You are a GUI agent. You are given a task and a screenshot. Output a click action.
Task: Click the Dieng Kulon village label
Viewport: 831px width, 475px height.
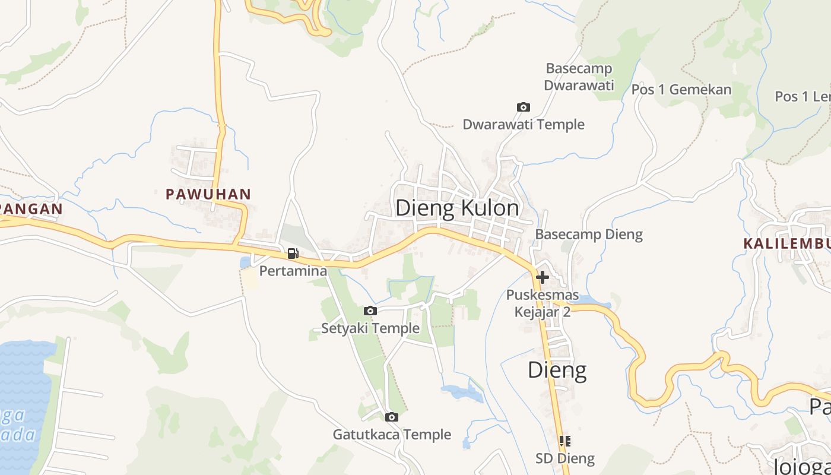point(457,208)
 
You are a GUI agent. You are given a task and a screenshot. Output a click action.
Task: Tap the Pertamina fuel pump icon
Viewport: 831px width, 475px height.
point(293,254)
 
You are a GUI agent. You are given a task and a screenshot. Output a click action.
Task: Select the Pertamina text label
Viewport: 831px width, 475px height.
point(293,271)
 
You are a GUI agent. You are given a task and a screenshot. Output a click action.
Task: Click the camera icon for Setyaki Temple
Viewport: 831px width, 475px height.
point(370,311)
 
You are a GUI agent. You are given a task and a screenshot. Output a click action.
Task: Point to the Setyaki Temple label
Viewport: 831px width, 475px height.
point(370,328)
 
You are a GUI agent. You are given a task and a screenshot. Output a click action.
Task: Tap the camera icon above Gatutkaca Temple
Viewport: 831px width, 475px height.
point(391,417)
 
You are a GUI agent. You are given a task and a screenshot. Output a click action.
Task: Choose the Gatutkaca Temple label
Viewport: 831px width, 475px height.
point(392,435)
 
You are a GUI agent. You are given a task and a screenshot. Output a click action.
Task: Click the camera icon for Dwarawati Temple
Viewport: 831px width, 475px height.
point(523,107)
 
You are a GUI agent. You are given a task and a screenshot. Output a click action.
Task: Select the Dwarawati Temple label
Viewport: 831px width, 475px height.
point(524,125)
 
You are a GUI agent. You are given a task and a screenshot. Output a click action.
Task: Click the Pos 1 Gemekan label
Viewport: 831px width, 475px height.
point(681,90)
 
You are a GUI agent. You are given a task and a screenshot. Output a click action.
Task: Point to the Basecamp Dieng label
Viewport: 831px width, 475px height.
point(589,235)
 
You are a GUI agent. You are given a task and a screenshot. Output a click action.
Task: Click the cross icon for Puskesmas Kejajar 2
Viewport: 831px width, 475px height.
point(542,277)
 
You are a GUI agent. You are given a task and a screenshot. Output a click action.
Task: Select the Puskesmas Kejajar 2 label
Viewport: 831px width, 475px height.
point(542,303)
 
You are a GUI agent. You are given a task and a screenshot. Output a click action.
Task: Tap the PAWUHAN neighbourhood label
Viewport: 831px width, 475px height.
point(208,194)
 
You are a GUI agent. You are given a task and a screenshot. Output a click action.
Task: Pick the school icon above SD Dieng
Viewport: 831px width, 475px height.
point(564,441)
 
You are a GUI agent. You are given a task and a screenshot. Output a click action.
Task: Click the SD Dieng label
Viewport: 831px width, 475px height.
point(565,458)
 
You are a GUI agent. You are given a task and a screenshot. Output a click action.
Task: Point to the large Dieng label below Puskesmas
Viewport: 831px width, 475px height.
point(557,370)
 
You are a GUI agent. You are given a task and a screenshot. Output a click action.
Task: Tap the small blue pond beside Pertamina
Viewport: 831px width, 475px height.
point(245,262)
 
